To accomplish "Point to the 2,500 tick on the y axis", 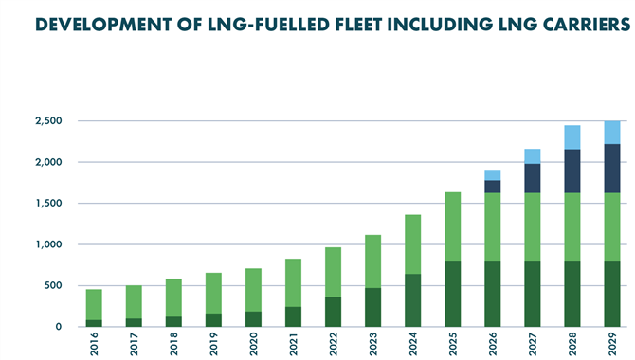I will pos(48,121).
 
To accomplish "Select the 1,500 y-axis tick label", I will pos(48,204).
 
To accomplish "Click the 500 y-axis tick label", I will pos(53,285).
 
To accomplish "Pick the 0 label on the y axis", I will pos(60,327).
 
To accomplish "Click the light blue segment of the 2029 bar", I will pos(612,133).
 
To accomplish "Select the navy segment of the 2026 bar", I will pos(493,187).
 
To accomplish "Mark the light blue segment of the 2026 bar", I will pos(493,175).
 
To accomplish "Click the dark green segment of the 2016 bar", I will pos(95,323).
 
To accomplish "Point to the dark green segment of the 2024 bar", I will pos(413,300).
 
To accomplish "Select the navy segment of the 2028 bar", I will pos(572,171).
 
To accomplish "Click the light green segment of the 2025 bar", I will pos(453,226).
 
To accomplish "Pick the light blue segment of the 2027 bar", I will pos(533,156).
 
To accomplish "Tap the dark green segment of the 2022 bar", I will pos(334,312).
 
